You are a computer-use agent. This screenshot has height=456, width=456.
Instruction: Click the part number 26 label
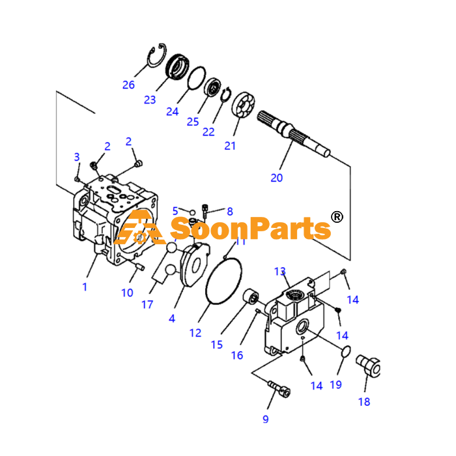[128, 85]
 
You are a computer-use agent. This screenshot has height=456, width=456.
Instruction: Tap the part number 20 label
[277, 178]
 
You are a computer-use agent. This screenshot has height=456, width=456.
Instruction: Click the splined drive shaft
[294, 134]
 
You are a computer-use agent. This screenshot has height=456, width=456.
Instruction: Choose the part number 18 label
[364, 402]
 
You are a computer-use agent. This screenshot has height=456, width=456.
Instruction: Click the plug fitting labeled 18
[369, 366]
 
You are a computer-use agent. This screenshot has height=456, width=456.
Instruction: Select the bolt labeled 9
[279, 389]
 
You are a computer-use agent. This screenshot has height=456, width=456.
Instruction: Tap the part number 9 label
[266, 419]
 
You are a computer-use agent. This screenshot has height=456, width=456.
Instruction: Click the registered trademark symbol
[337, 217]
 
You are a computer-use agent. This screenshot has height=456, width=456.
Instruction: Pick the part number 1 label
[85, 287]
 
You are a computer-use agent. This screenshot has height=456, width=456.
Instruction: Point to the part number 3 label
[77, 157]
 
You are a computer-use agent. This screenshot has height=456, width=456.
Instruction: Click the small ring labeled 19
[345, 351]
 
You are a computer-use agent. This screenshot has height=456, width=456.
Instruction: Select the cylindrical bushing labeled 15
[251, 296]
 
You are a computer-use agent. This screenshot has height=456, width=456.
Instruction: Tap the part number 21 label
[230, 146]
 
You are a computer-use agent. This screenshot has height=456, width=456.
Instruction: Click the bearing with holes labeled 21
[243, 105]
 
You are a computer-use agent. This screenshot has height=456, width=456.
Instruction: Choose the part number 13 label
[280, 272]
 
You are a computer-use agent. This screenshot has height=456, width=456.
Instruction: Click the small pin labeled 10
[140, 266]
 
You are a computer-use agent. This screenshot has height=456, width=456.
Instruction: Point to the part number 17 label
[147, 304]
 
